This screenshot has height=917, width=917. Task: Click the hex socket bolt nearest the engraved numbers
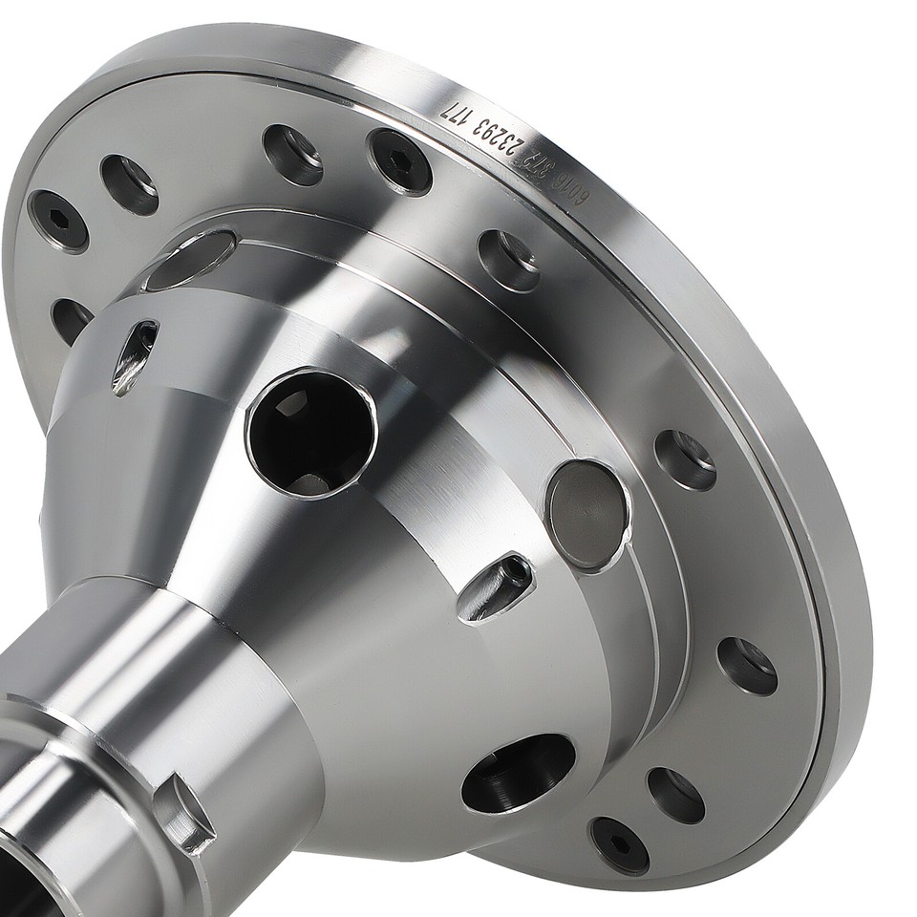point(400,161)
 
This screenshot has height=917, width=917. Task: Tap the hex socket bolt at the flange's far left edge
point(58,221)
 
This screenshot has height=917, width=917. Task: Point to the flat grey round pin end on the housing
point(586,516)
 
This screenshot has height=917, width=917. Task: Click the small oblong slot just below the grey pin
point(496,588)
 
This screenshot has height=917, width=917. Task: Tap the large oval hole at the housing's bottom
point(519,773)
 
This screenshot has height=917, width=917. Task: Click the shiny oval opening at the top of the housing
point(191,259)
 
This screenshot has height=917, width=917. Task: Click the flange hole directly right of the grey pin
point(685,459)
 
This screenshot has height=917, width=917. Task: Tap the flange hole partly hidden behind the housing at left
point(70,320)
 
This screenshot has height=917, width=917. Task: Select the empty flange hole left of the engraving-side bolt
point(292,154)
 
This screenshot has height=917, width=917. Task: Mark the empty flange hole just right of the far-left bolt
point(130,184)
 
